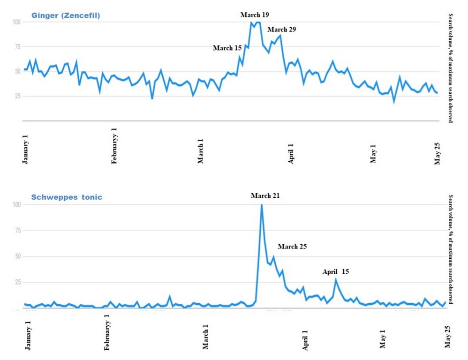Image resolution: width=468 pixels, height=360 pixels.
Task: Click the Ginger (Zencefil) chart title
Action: pos(66,16)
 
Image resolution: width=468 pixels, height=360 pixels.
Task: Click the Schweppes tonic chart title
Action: pos(67,197)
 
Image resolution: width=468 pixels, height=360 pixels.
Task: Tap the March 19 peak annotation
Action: pos(255,15)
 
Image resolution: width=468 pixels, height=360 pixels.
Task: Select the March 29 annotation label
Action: pos(281,30)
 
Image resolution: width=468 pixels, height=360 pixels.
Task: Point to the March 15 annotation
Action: pos(227,48)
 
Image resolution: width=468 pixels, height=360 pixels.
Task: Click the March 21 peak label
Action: pos(265,196)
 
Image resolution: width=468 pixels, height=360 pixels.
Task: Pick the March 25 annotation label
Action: pos(292,246)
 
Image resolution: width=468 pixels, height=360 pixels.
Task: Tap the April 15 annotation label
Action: pos(335,271)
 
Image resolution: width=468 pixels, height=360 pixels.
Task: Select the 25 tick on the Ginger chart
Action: pos(17,96)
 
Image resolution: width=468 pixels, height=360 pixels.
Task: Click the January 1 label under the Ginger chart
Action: pos(25,149)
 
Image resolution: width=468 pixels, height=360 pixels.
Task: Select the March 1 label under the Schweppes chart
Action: pos(205,336)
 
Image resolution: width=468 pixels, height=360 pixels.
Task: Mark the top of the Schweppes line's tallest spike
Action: pos(261,205)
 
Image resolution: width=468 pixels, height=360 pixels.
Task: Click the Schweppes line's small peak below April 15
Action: pos(336,280)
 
